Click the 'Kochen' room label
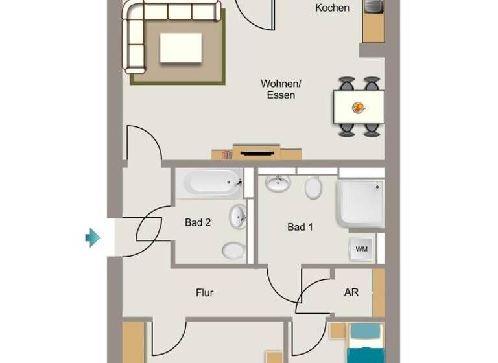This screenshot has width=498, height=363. coord(332,8)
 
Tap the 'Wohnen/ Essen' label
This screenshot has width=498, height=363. coord(281,89)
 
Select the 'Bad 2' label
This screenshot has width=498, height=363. coord(198,222)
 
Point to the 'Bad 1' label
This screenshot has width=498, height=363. coord(300,227)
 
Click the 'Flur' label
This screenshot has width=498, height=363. coord(204,292)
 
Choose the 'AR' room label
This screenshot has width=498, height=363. coord(351,292)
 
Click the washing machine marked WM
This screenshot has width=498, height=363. coord(361,248)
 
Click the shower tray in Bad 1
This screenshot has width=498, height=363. coord(360,203)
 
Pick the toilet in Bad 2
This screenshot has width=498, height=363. coord(233,250)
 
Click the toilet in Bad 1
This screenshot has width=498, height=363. coord(313,188)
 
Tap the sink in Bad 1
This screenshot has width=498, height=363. coord(278,183)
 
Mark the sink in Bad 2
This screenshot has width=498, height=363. coord(238,216)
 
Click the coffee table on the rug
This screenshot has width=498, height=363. coord(181,48)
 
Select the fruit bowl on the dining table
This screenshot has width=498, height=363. coord(358,108)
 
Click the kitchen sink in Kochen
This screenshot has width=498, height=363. coord(373,6)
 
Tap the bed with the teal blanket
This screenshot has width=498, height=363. coord(366,342)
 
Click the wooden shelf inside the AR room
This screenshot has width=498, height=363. coord(379,292)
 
